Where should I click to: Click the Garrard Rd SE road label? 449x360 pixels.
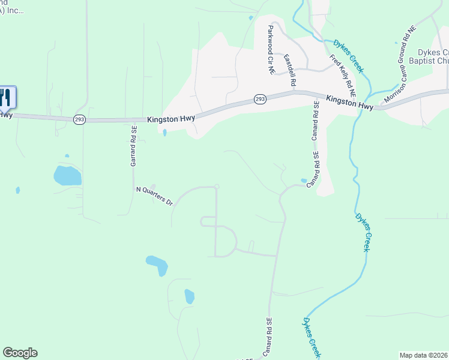tap(134, 145)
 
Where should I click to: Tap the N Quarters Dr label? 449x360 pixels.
tap(154, 196)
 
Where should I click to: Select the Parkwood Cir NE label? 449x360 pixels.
tap(271, 50)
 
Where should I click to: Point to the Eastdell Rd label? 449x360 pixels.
tap(289, 71)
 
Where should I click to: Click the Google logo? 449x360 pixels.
tap(20, 353)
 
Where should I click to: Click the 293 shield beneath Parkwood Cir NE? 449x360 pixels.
tap(259, 99)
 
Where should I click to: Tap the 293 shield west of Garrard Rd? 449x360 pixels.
tap(79, 120)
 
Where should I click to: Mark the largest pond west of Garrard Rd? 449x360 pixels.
tap(67, 175)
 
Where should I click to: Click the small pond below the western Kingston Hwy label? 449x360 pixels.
tap(164, 133)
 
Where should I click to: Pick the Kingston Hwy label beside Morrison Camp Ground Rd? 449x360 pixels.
tap(349, 102)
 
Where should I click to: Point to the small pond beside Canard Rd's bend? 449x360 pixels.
tap(304, 180)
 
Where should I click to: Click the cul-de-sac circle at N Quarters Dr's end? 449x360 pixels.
tap(217, 187)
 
